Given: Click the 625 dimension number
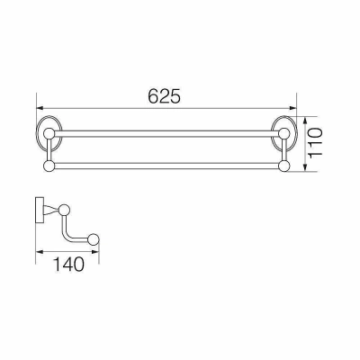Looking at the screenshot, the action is (165, 96).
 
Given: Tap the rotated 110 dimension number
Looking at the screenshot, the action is (316, 142).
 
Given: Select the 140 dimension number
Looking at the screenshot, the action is (68, 264).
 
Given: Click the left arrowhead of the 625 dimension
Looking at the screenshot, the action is (40, 108).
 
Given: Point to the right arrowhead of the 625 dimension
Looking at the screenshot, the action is (292, 108).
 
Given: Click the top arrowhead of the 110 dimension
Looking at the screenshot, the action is (305, 121).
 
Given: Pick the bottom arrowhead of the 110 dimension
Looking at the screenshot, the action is (305, 167).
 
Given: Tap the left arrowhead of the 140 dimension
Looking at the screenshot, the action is (40, 252).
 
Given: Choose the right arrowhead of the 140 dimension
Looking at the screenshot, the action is (94, 252).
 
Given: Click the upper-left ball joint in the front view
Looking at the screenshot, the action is (49, 134).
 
